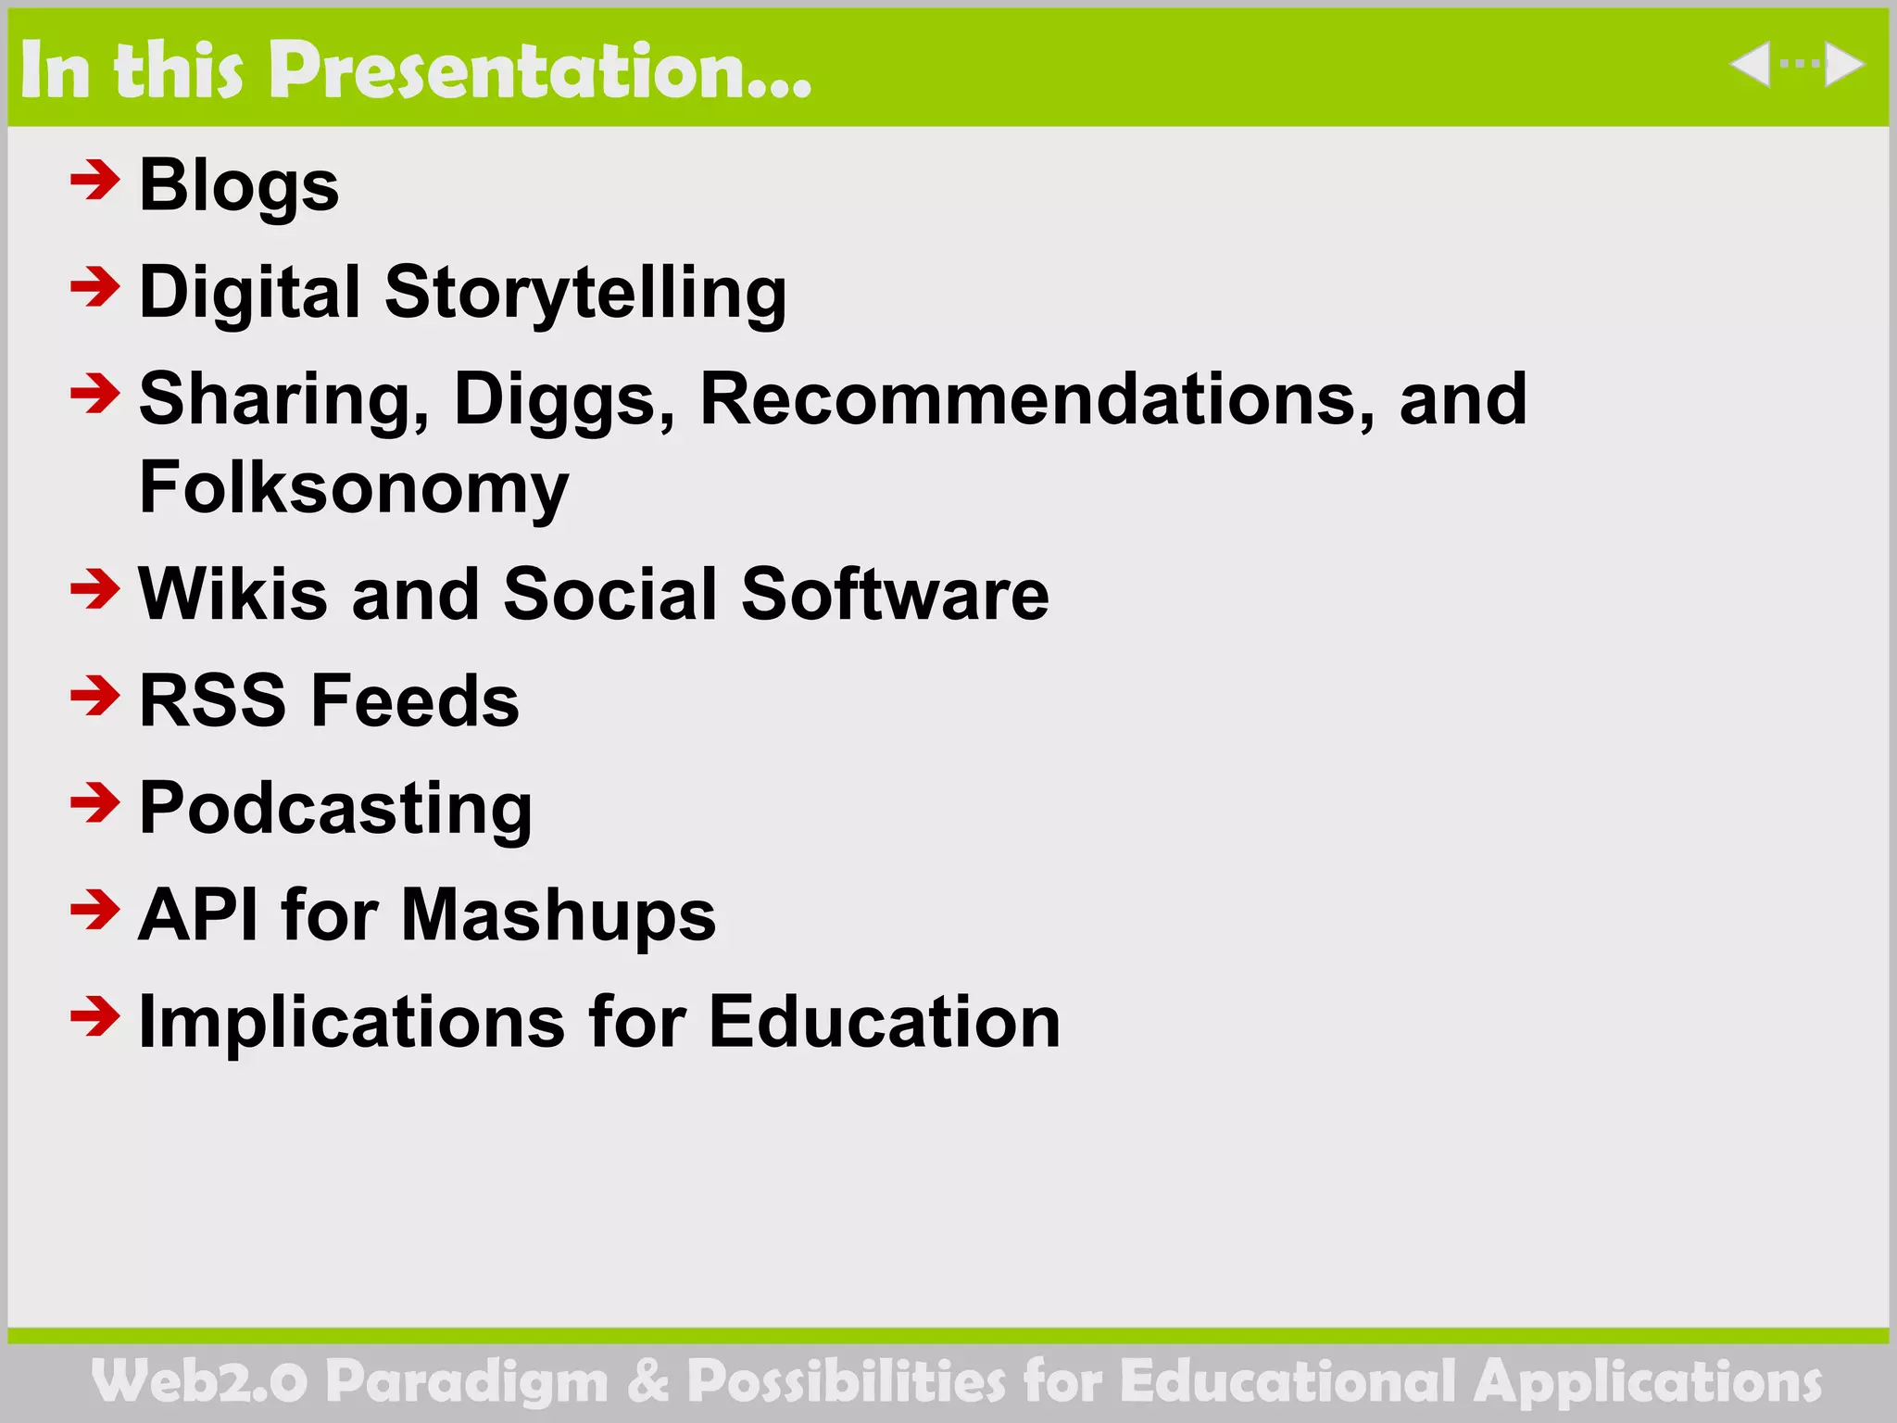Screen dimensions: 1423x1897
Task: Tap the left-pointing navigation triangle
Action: coord(1750,64)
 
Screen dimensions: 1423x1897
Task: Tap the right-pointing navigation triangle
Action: coord(1843,64)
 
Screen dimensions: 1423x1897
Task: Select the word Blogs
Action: coord(239,185)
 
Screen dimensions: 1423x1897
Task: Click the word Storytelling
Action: coord(585,293)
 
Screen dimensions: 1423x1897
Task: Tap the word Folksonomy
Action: coord(354,488)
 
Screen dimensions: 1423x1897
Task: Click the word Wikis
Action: coord(232,594)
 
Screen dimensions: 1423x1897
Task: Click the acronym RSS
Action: coord(213,700)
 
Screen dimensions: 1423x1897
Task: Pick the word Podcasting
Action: coord(335,809)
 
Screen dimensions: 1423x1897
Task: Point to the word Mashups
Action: coord(559,915)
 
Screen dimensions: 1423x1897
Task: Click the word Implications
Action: coord(351,1023)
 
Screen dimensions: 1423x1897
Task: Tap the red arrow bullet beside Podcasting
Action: coord(94,802)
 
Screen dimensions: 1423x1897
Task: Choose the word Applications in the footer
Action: coord(1647,1382)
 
